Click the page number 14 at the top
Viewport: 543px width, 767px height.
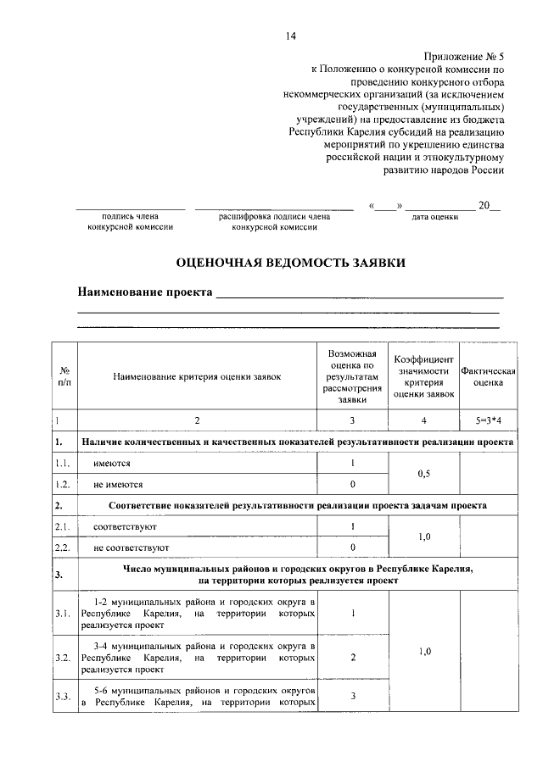pyautogui.click(x=291, y=36)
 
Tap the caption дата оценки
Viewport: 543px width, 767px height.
pyautogui.click(x=434, y=218)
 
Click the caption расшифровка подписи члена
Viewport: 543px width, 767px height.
pyautogui.click(x=274, y=217)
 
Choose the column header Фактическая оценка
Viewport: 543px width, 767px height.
pyautogui.click(x=488, y=376)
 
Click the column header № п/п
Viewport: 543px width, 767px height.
pyautogui.click(x=64, y=376)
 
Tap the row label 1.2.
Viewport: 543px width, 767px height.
pyautogui.click(x=62, y=485)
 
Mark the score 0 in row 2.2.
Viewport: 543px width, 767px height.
pyautogui.click(x=352, y=547)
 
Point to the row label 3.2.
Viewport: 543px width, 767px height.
pyautogui.click(x=62, y=657)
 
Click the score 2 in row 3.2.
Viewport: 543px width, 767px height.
pyautogui.click(x=352, y=657)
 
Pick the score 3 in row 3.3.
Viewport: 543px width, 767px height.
pyautogui.click(x=352, y=697)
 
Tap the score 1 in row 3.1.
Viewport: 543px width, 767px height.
pyautogui.click(x=352, y=613)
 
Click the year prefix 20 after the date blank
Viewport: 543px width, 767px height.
pyautogui.click(x=484, y=205)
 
